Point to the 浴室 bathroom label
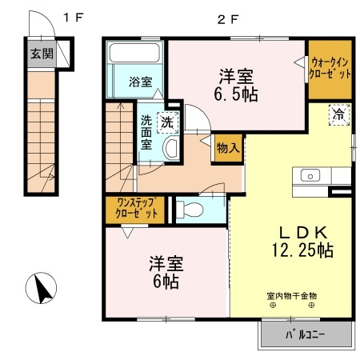[140, 80]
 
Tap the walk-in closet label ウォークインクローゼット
[330, 67]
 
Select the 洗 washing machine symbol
[166, 122]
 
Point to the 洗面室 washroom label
[147, 134]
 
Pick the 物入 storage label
[228, 147]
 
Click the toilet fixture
[187, 209]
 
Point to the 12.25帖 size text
[302, 250]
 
